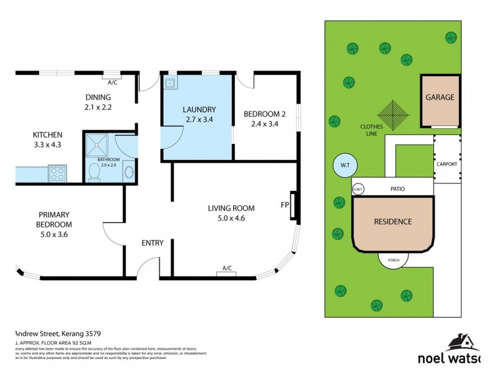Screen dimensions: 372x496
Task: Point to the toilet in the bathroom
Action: (94, 172)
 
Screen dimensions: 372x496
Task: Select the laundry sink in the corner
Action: (169, 82)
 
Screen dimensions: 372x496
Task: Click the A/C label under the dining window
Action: (112, 81)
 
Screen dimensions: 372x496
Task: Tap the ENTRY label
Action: (153, 242)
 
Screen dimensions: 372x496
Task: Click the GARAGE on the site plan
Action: (440, 98)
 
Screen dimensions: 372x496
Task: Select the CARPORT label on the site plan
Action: (446, 164)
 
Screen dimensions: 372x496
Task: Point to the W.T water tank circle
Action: (344, 166)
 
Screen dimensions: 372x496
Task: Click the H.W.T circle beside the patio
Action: (358, 188)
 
